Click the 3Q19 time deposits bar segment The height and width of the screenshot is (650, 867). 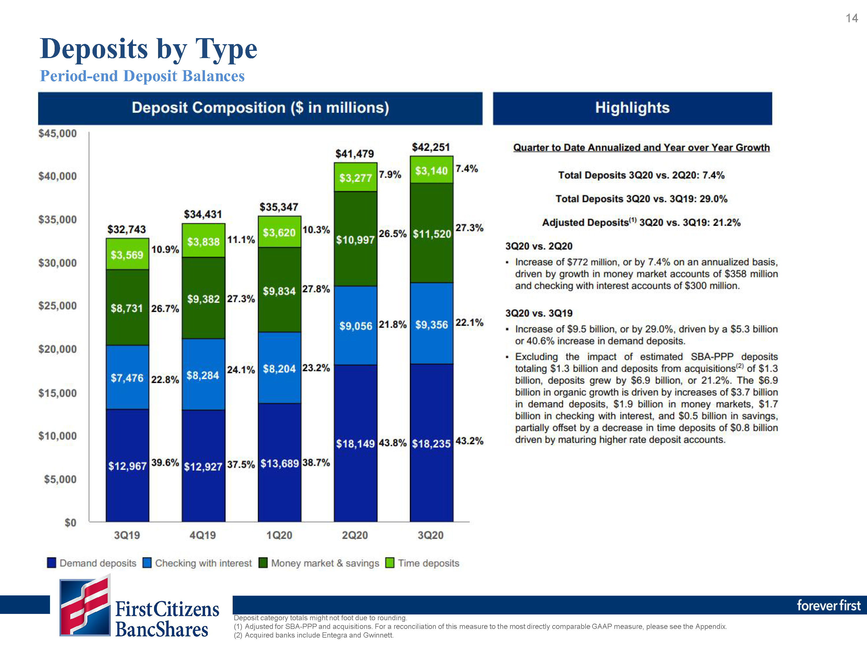127,254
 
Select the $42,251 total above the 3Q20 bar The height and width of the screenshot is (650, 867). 431,147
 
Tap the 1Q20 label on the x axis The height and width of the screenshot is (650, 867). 279,535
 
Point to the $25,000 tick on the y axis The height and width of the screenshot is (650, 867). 58,306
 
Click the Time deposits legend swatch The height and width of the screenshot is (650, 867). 390,563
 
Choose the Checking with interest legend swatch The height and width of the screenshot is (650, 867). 147,563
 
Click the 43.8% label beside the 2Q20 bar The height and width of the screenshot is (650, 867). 392,443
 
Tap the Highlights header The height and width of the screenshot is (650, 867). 632,108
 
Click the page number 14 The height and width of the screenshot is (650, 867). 852,18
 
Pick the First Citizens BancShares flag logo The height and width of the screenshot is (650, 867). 85,605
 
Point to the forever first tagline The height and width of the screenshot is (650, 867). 829,606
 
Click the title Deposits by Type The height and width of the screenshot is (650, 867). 149,49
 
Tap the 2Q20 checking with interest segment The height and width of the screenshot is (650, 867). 355,325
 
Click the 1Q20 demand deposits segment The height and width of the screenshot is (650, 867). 279,462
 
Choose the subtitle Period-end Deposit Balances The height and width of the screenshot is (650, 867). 142,76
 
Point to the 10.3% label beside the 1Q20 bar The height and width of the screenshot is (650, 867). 316,230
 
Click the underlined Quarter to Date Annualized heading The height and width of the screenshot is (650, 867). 641,148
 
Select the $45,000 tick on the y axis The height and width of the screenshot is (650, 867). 58,133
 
